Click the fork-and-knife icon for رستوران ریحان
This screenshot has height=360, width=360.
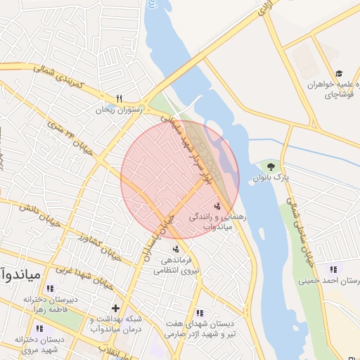[x=120, y=98]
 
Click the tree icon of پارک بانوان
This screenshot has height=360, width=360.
[x=271, y=167]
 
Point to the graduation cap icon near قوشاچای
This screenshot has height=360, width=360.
[x=339, y=73]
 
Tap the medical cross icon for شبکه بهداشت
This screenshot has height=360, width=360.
[x=115, y=308]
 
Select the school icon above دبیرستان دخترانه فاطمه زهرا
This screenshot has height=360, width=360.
[x=49, y=288]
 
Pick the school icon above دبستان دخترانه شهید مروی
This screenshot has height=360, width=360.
[x=40, y=328]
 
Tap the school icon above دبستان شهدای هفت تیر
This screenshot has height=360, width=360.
[x=200, y=313]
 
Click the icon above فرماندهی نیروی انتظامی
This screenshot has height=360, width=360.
[x=175, y=248]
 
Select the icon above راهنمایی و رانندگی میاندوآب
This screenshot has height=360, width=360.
[x=217, y=206]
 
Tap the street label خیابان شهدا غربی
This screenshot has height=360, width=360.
[x=94, y=270]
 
